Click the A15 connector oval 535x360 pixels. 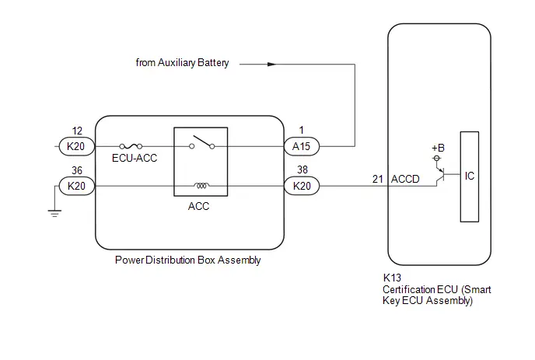tap(302, 146)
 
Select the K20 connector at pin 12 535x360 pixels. tap(76, 146)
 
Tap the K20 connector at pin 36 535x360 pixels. tap(76, 186)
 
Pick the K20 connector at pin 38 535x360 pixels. tap(302, 186)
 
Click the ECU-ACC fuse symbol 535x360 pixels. tap(131, 146)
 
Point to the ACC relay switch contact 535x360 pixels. tap(201, 142)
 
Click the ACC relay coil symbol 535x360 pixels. tap(201, 186)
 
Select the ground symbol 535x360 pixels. tap(54, 213)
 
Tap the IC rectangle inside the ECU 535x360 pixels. tap(470, 177)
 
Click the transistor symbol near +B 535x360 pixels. tap(441, 175)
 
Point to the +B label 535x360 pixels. tap(438, 148)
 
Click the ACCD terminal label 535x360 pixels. tap(405, 179)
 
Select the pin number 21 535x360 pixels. tap(378, 179)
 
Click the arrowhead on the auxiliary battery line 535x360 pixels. tap(271, 65)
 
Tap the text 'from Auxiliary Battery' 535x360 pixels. tap(182, 63)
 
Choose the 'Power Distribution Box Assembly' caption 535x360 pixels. tap(188, 260)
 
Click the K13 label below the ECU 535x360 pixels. tap(392, 278)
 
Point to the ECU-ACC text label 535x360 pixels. tap(135, 158)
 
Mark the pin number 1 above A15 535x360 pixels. tap(301, 130)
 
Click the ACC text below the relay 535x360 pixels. tap(198, 206)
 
